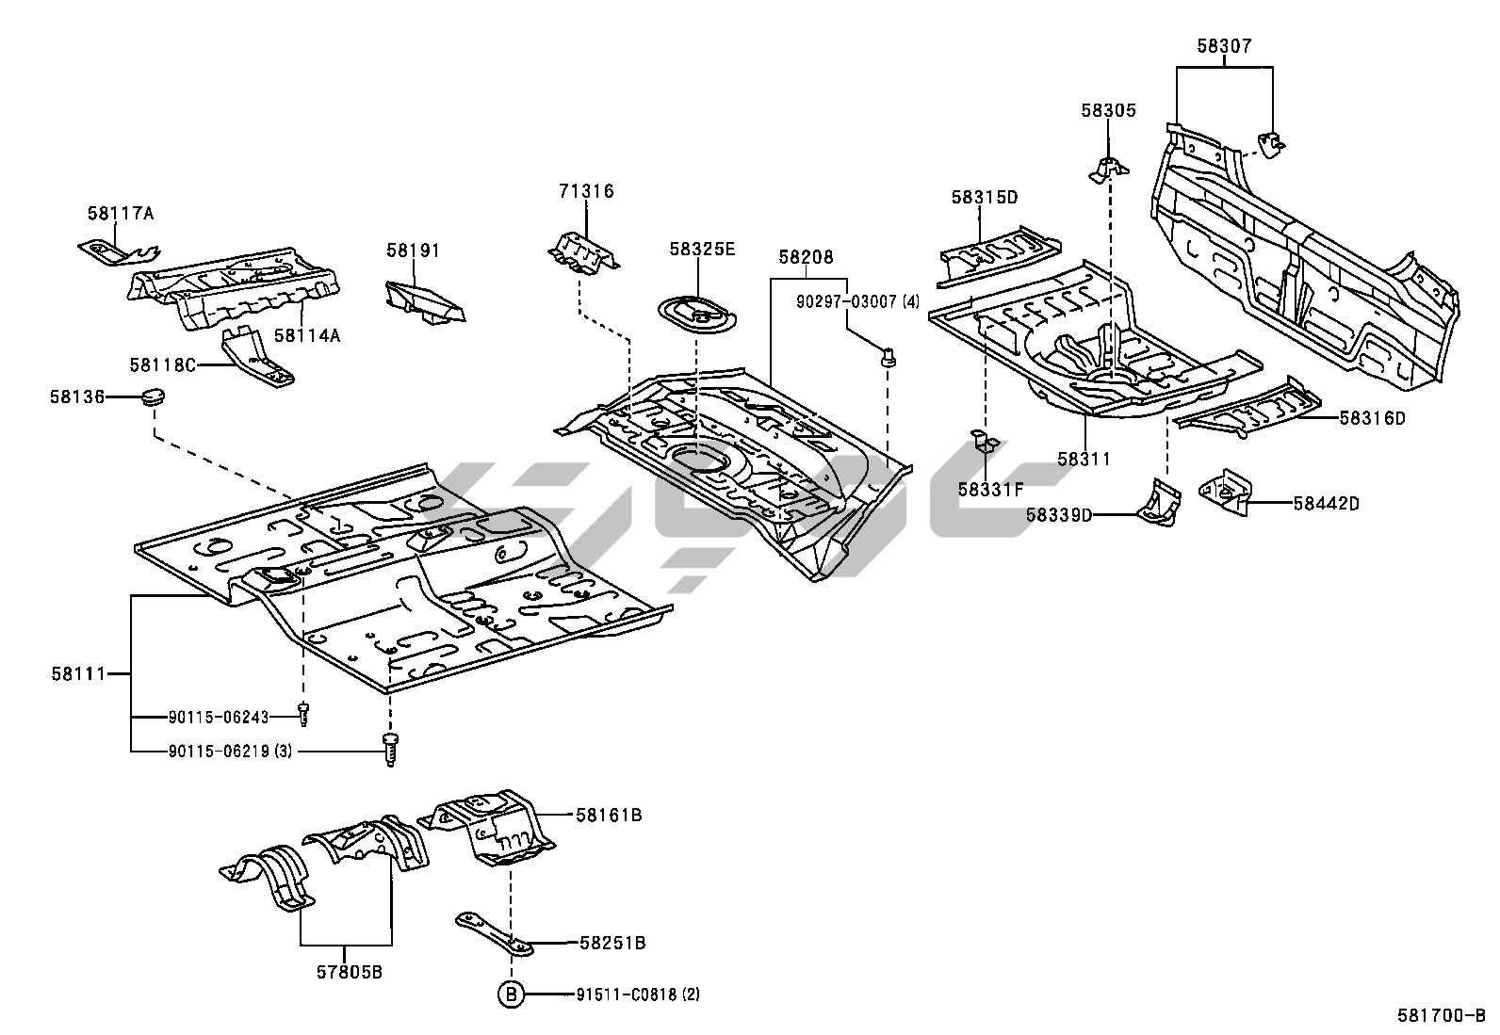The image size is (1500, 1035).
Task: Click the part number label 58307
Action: (1225, 46)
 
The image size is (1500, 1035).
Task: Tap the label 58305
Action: (1108, 110)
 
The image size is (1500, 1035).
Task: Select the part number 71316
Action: (585, 192)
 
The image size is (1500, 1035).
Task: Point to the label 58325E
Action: (702, 250)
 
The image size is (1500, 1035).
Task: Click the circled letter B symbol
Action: (511, 995)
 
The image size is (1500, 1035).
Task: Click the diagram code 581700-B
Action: (1441, 1016)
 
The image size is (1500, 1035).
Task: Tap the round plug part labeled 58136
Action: (152, 396)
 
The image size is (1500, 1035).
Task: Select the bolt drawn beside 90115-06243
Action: (303, 715)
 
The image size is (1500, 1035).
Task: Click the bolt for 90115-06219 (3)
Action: (389, 750)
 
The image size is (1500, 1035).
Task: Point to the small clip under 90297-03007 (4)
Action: (888, 358)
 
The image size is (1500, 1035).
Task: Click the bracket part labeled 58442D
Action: (1224, 490)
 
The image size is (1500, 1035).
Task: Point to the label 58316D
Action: (1372, 418)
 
